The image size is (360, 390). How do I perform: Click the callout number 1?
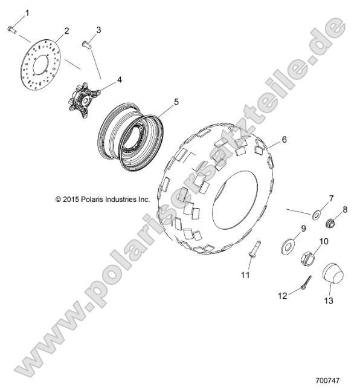27,13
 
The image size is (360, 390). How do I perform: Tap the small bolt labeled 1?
12,30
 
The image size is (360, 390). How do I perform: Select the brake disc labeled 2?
40,64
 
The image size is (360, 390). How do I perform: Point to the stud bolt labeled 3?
87,45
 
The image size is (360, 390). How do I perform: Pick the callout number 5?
176,102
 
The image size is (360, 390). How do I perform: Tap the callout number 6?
284,140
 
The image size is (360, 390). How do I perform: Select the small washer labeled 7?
317,215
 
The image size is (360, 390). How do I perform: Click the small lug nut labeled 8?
330,223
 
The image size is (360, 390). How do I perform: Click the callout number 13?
329,301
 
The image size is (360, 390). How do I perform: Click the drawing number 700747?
328,380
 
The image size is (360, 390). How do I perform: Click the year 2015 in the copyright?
71,199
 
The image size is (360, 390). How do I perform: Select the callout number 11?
245,275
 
